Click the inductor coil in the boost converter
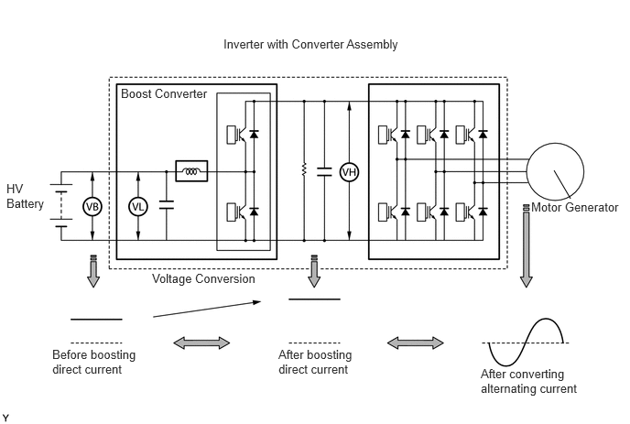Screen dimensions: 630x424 click(x=191, y=171)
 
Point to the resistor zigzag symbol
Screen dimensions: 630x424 click(x=304, y=169)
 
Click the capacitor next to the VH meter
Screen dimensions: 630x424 click(x=324, y=171)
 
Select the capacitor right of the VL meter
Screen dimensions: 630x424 click(x=167, y=204)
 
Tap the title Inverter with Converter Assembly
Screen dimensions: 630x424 click(x=310, y=44)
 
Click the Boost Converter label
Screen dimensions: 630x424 click(x=164, y=93)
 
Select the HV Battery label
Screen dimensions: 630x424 click(x=25, y=196)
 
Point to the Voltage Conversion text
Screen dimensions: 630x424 click(x=203, y=278)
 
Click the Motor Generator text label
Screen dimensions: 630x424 click(x=574, y=207)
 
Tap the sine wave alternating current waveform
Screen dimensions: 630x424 click(x=526, y=342)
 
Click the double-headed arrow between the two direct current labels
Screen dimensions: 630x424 click(x=201, y=342)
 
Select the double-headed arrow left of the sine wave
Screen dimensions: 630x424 click(x=416, y=342)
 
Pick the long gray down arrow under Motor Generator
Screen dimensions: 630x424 click(x=527, y=246)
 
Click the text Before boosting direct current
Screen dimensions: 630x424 click(x=93, y=362)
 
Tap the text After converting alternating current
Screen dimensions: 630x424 click(x=528, y=381)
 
